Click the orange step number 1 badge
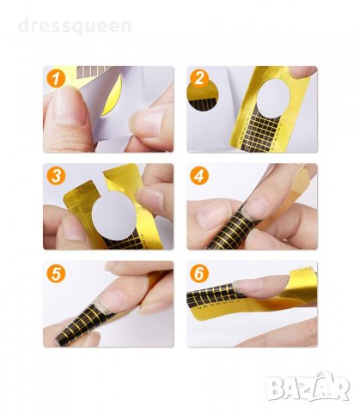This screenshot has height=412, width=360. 56,78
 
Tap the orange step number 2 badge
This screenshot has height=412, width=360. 199,78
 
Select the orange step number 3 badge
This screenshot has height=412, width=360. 56,176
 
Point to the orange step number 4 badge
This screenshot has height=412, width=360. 199,176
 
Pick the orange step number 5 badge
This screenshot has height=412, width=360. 56,274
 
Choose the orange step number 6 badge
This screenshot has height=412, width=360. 199,274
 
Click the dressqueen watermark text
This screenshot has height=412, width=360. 75,26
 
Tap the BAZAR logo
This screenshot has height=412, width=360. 307,387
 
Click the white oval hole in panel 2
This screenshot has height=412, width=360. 273,99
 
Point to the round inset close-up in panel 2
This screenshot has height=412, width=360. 203,96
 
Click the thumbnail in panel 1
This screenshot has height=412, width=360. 68,106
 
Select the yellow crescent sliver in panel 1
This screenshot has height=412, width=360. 113,95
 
